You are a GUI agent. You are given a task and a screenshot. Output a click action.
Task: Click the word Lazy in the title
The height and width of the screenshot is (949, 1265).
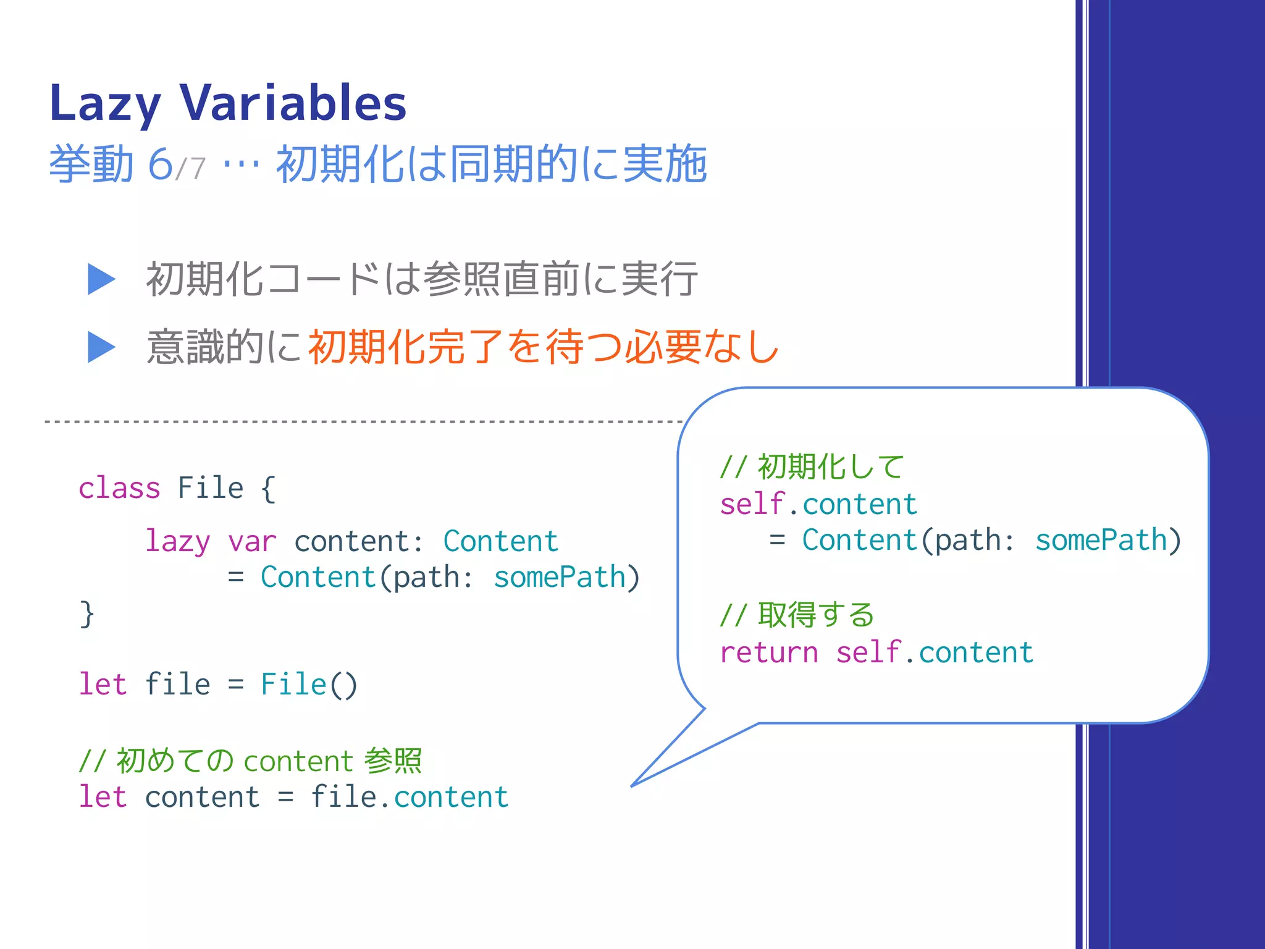105,104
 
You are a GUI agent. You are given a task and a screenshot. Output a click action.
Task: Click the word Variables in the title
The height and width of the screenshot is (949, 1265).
293,103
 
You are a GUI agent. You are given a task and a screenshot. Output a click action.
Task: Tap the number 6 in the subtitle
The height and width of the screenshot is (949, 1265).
160,164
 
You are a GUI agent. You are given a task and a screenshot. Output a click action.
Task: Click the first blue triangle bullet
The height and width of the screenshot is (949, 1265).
101,279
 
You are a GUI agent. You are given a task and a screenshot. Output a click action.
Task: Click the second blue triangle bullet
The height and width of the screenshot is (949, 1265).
101,347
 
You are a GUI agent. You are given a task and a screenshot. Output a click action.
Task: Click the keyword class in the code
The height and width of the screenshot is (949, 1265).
119,488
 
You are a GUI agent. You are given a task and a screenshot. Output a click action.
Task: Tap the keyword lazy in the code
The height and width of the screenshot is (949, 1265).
177,542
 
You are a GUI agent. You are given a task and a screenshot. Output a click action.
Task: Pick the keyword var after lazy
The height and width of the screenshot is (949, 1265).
251,542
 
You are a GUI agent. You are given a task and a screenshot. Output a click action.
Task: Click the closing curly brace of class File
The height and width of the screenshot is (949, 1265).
86,614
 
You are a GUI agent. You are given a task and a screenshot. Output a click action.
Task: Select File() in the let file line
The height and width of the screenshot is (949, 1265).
309,685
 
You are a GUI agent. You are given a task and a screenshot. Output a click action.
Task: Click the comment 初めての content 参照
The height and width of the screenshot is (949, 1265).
250,761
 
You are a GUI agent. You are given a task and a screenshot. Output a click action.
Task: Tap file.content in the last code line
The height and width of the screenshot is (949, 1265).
410,797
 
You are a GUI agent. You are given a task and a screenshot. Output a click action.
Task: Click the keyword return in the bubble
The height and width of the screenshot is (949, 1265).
769,653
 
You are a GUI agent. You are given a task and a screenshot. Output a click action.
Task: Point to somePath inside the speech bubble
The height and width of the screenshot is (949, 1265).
1101,541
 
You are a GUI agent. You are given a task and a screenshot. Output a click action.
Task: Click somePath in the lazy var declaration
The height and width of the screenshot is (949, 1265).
560,578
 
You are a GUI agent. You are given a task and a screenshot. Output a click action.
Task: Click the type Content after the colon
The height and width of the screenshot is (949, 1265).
500,542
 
